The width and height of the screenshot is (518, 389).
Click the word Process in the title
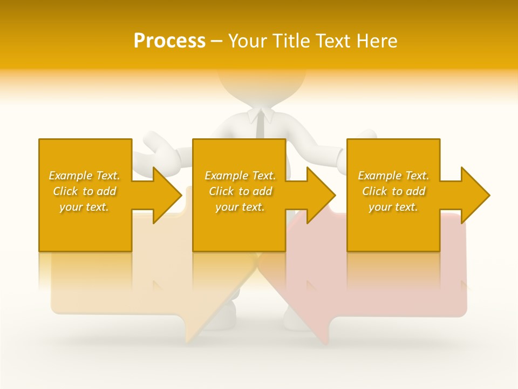[x=169, y=41]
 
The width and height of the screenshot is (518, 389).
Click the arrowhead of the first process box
[x=167, y=195]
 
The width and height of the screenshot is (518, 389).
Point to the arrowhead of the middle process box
[x=321, y=195]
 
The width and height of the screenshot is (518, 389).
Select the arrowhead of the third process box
[x=475, y=195]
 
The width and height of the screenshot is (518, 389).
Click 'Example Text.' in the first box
[x=84, y=176]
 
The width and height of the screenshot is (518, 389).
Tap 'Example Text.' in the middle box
[x=240, y=176]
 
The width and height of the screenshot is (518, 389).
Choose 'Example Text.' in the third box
[x=393, y=176]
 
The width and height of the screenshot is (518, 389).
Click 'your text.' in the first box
[x=84, y=207]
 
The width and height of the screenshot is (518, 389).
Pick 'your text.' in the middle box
[x=240, y=207]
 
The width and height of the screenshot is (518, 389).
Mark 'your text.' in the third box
[x=393, y=207]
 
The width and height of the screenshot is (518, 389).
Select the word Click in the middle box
[x=221, y=191]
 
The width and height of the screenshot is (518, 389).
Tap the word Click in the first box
[x=65, y=191]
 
